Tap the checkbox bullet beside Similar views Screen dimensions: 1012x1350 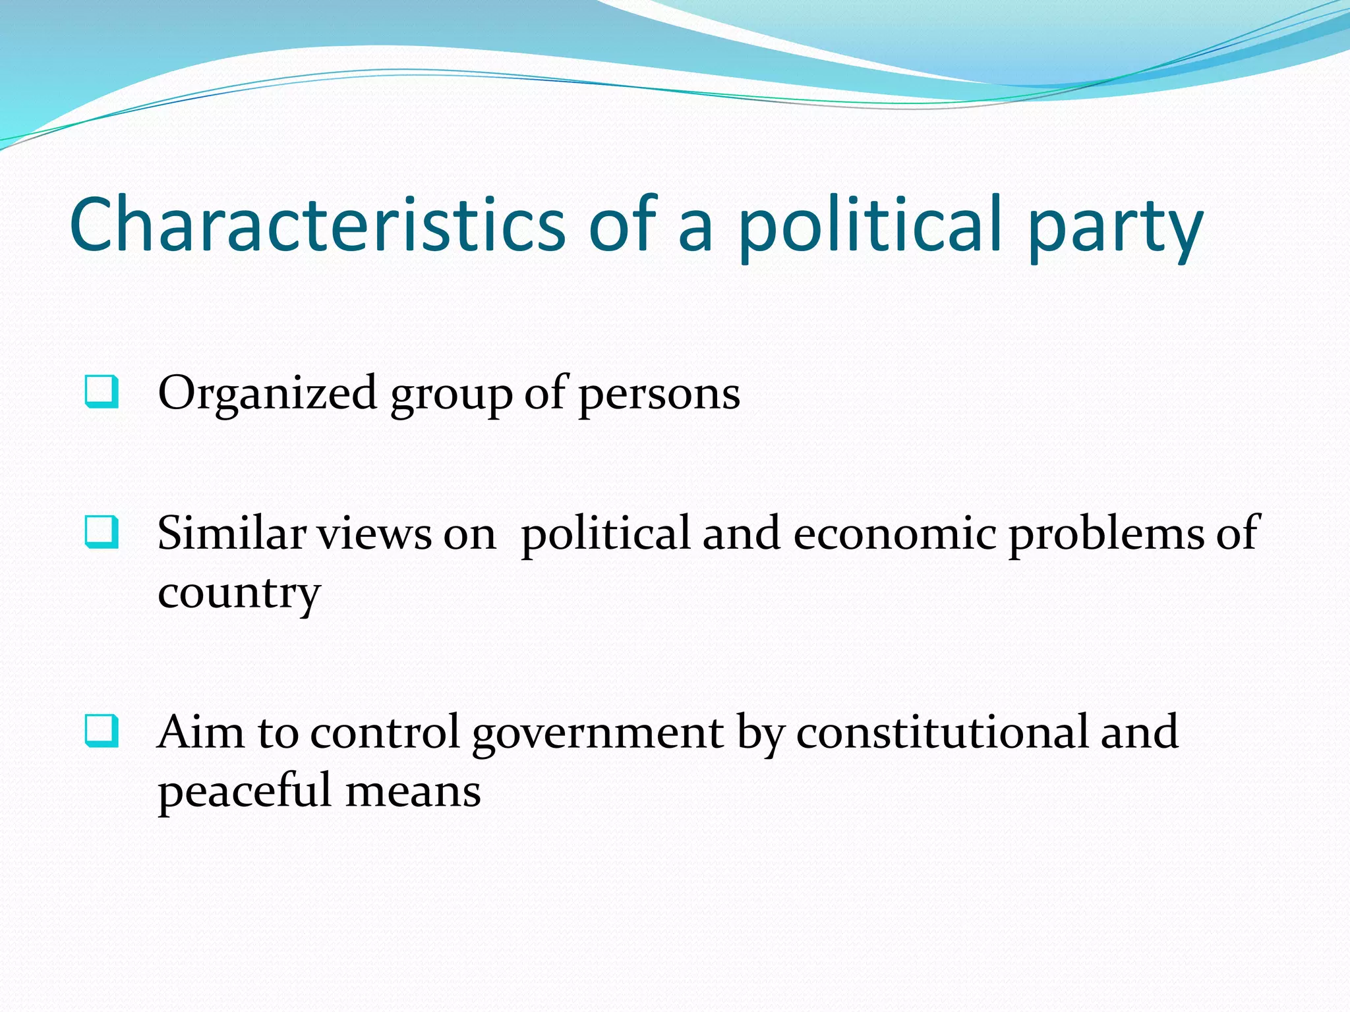[x=102, y=532]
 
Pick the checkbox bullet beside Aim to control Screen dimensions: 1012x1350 [x=102, y=731]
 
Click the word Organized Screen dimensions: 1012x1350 [x=267, y=394]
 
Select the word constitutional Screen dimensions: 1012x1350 [x=942, y=731]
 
